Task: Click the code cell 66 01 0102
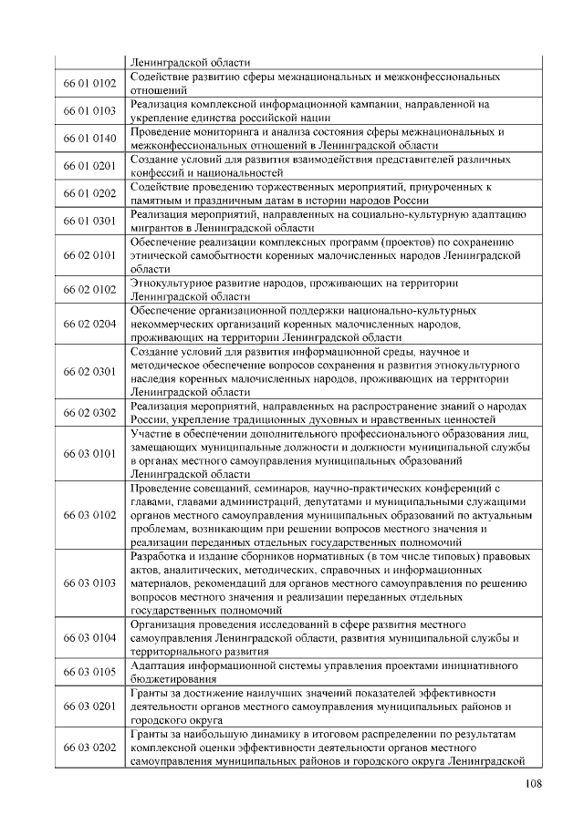[x=89, y=83]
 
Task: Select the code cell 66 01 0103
[x=89, y=110]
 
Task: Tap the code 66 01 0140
[x=89, y=138]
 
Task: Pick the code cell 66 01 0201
[x=89, y=165]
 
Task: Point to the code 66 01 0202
[x=89, y=192]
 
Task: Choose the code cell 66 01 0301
[x=89, y=220]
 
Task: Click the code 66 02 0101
[x=89, y=255]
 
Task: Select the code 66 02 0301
[x=89, y=371]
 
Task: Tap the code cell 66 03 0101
[x=89, y=453]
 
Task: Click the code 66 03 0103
[x=89, y=582]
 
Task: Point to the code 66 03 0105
[x=89, y=672]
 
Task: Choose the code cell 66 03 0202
[x=89, y=748]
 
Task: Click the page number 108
[x=537, y=785]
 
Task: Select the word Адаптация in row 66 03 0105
[x=160, y=665]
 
